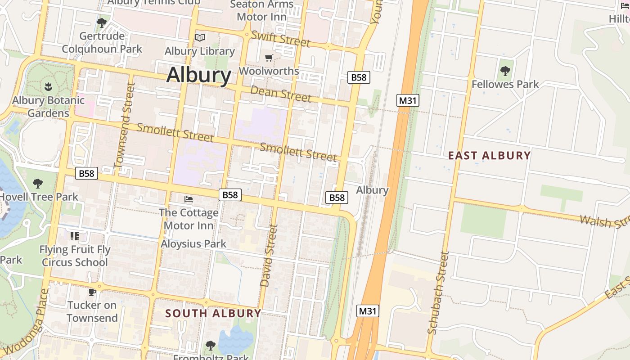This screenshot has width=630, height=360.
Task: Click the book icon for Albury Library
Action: pos(200,37)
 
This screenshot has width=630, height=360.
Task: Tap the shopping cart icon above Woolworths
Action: pos(269,58)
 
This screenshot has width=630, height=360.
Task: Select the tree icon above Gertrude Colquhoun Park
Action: pos(102,22)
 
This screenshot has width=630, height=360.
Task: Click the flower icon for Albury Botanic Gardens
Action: pos(48,85)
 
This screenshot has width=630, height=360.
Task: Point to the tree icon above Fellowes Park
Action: pos(505,71)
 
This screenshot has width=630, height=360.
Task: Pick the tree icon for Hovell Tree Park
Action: pos(38,183)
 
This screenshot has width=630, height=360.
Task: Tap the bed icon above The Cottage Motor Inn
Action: pos(189,199)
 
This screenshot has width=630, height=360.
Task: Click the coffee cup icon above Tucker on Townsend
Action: pos(92,292)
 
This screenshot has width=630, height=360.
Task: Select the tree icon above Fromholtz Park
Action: pos(210,345)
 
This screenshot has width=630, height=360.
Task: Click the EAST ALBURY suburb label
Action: pos(490,156)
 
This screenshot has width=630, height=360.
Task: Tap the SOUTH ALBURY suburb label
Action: pos(213,313)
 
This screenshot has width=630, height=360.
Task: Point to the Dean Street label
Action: pos(280,94)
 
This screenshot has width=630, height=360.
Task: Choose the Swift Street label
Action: pos(281,39)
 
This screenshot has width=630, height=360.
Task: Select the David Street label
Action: pos(269,256)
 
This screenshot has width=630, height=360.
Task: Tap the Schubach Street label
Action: pos(438,292)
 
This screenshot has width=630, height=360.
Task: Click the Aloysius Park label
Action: pos(194,244)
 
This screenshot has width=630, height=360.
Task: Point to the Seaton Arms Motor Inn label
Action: pos(261,10)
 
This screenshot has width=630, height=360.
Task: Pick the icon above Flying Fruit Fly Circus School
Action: pos(74,236)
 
